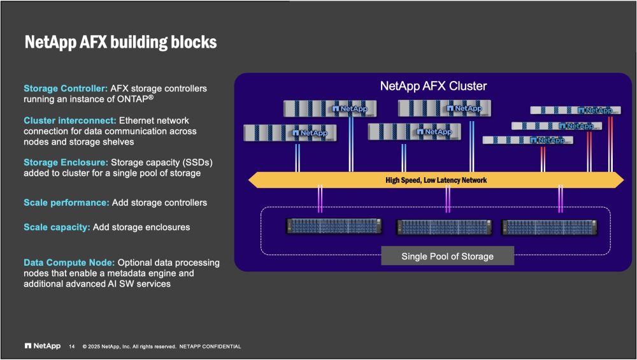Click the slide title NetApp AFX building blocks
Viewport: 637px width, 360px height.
(x=120, y=43)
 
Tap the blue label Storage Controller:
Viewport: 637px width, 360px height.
(x=65, y=89)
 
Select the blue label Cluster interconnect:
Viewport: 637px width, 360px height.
(x=69, y=120)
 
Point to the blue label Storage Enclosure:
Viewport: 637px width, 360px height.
(x=66, y=162)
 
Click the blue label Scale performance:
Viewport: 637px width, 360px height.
(x=66, y=203)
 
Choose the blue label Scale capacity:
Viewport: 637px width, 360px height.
(x=57, y=227)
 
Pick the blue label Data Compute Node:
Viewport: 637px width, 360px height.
(x=69, y=263)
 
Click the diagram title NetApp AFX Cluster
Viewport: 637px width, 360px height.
(x=433, y=86)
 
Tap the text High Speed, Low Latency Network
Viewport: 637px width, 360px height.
(x=436, y=180)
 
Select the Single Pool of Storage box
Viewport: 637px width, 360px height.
(x=447, y=256)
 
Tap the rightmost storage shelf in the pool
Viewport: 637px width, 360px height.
(x=550, y=226)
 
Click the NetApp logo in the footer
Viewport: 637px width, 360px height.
(x=43, y=346)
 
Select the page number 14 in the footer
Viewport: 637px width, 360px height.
(x=71, y=347)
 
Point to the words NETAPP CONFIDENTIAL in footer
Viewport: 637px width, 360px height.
(x=210, y=347)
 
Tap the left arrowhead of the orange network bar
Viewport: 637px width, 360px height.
(x=254, y=180)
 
